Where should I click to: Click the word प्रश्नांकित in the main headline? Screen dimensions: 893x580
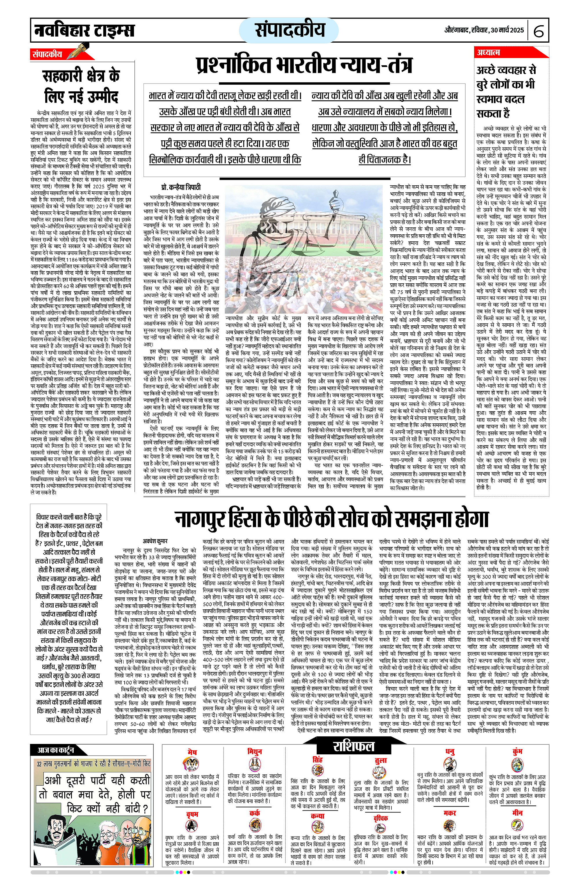(234, 65)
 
